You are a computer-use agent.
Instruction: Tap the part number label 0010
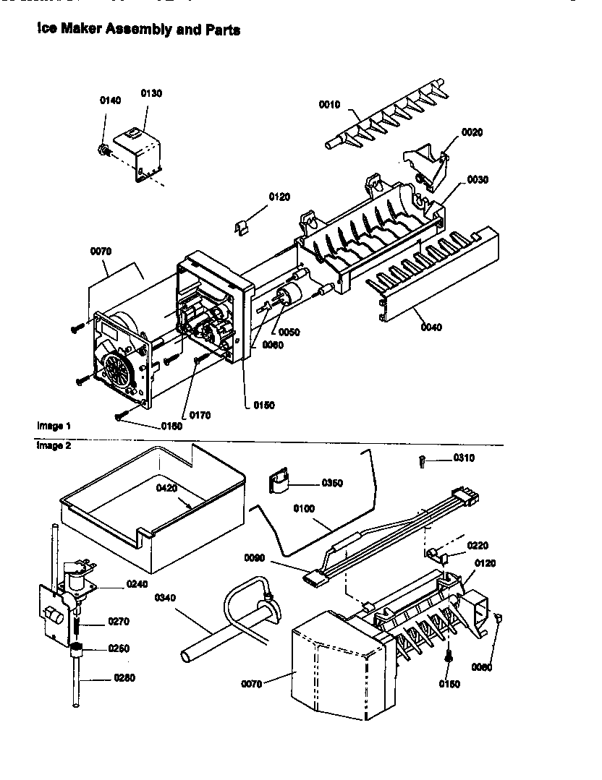pos(329,105)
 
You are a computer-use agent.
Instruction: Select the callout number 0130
pos(150,93)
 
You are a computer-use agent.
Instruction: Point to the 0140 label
pos(110,100)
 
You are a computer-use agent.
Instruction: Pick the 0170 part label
pos(200,415)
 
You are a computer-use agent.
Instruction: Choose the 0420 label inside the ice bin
pos(167,488)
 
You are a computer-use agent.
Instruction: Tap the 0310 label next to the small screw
pos(465,458)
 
